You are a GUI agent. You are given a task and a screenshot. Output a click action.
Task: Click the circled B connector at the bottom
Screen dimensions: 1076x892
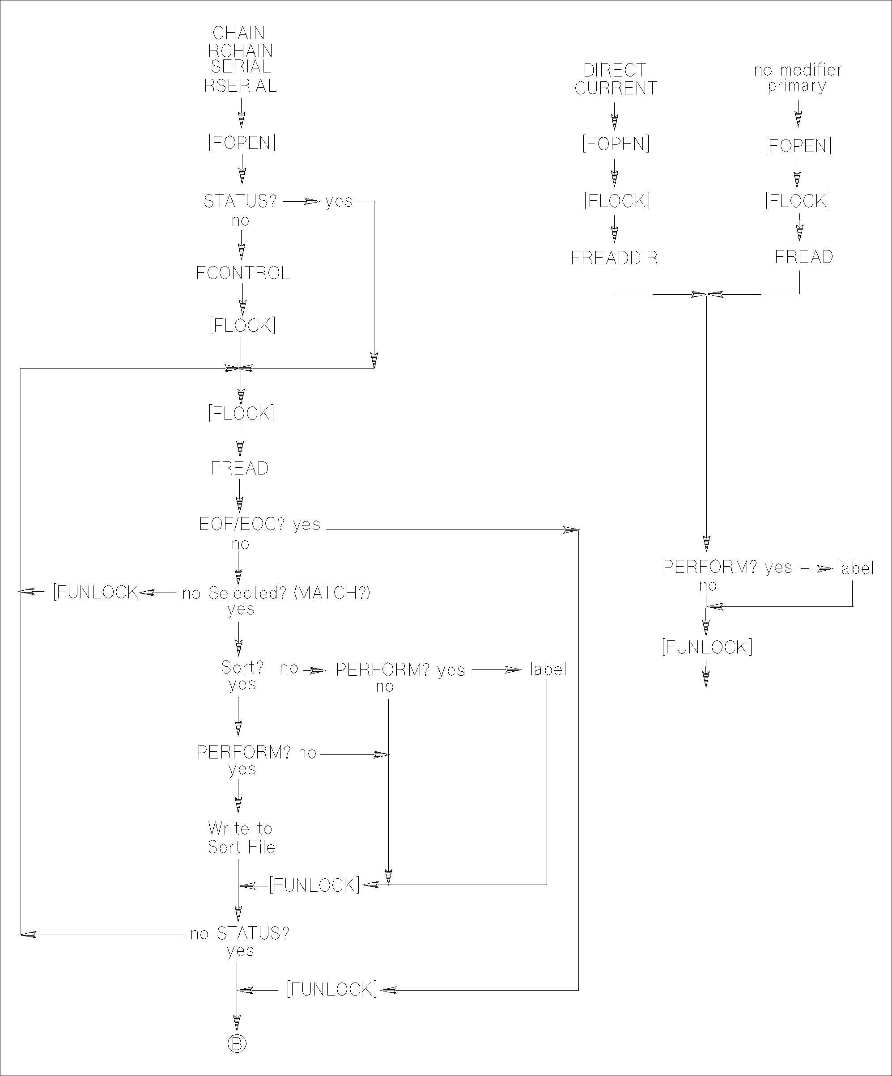[237, 1044]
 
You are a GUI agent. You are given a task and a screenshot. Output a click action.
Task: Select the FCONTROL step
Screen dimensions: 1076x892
[243, 273]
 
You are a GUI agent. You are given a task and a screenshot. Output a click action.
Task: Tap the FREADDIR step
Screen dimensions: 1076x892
[614, 258]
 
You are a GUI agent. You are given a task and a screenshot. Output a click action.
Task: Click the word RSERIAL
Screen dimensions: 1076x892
[240, 85]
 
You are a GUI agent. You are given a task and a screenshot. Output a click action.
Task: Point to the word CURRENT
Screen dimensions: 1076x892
[616, 88]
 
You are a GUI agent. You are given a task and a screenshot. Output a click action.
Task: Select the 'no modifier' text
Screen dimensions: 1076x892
[798, 70]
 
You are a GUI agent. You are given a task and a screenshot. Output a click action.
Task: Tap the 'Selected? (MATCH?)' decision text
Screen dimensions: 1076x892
[289, 593]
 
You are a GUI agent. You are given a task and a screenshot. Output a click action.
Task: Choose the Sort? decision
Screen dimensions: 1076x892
[242, 667]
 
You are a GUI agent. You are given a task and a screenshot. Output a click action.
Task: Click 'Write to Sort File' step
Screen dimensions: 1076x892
[241, 838]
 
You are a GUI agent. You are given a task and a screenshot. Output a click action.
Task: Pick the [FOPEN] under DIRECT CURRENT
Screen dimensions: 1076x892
[616, 144]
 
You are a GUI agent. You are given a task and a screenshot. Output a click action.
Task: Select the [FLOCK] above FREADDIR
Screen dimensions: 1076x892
[617, 200]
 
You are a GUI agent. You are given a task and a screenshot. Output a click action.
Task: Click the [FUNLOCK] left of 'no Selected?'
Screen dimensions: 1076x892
[96, 592]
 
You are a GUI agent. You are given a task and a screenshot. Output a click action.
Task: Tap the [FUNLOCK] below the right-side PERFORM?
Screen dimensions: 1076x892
[707, 647]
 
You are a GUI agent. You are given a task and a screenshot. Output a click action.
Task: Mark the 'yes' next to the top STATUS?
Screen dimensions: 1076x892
[339, 201]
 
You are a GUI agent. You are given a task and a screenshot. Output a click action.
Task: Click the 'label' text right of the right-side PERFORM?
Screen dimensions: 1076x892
[855, 568]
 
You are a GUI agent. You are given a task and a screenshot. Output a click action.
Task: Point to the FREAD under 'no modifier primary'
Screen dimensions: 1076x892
[803, 257]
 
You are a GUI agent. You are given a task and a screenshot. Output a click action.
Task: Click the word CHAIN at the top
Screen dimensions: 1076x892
[239, 33]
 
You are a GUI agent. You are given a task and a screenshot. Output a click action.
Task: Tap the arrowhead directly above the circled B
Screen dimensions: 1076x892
[237, 1022]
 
